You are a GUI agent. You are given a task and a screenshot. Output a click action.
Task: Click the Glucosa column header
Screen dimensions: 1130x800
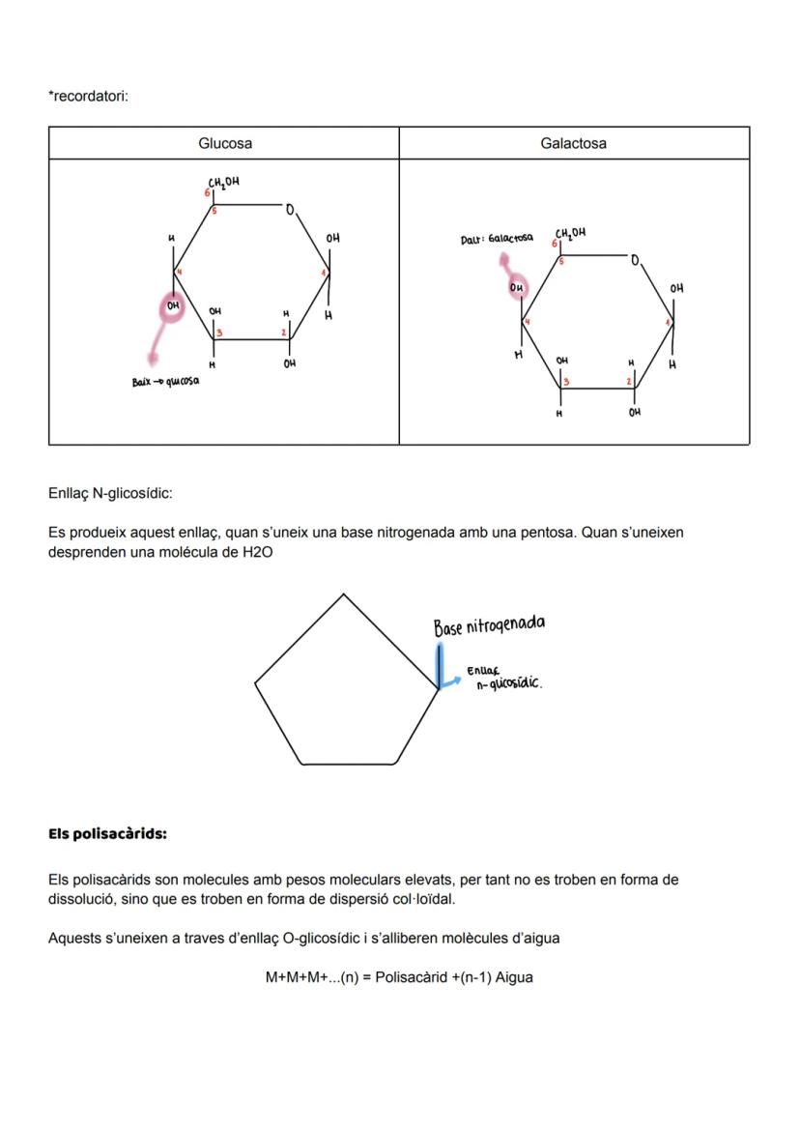[225, 143]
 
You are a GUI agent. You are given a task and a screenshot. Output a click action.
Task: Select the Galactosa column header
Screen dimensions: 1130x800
[574, 143]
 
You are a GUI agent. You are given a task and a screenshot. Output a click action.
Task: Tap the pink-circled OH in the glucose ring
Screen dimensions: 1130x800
[173, 306]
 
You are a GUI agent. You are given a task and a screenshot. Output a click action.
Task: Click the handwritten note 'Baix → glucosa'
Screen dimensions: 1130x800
[165, 382]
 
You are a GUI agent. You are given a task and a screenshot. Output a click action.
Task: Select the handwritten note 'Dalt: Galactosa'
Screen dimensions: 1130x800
[497, 238]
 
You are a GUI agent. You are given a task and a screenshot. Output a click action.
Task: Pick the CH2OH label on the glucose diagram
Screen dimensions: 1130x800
[223, 182]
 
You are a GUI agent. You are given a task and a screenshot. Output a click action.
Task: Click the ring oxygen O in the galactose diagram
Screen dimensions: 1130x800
[635, 261]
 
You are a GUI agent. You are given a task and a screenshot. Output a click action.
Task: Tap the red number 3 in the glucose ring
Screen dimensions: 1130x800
[219, 333]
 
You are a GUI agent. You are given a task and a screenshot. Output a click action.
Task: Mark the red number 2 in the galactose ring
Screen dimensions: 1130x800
[628, 382]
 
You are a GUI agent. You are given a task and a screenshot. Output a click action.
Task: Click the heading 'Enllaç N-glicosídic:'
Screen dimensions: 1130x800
[110, 493]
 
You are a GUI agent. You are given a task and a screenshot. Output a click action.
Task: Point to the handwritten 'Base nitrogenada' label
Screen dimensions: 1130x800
[489, 625]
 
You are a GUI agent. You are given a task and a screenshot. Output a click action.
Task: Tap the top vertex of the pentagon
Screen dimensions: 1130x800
[344, 594]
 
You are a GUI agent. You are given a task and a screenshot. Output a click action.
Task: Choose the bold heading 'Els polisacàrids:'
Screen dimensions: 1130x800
[107, 833]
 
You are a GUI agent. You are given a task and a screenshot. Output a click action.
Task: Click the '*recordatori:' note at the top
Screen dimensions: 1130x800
[88, 96]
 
